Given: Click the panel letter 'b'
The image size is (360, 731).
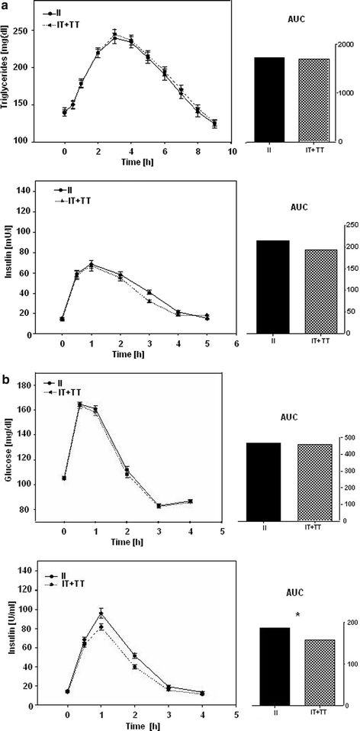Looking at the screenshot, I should tap(5, 361).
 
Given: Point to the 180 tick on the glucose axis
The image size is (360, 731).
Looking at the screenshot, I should tap(34, 385).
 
